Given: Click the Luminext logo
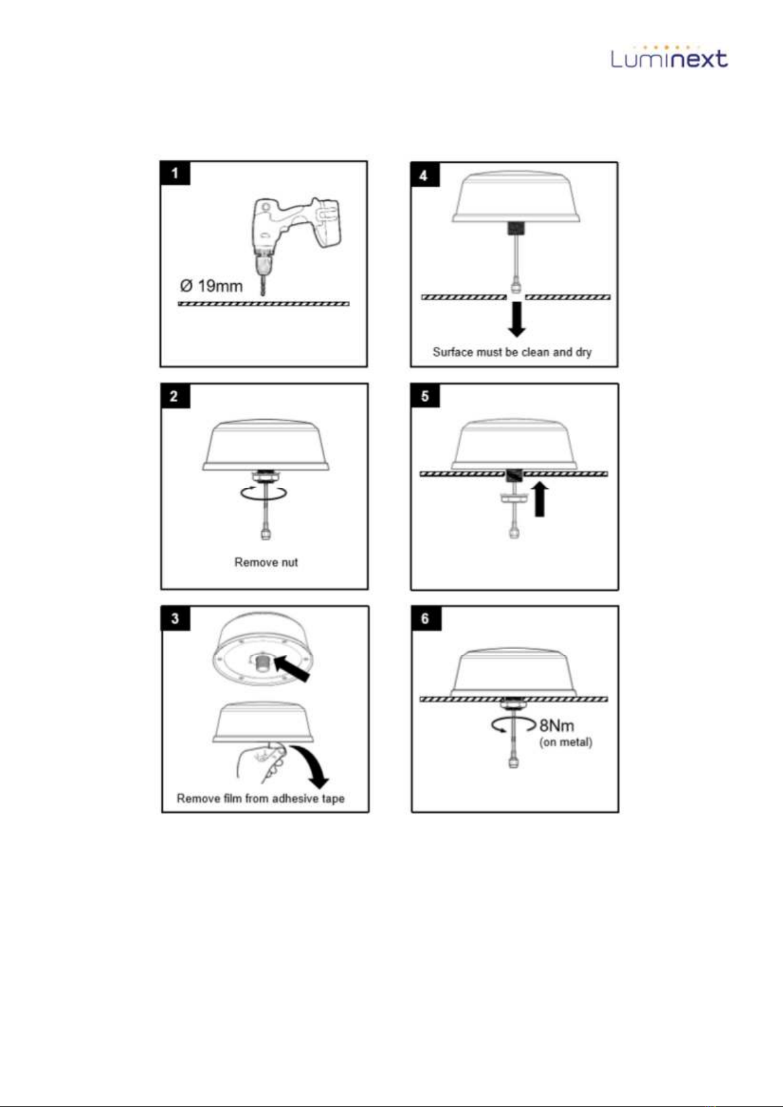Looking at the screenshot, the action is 669,57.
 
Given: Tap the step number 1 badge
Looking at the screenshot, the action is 175,173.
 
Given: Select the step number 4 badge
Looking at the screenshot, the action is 425,175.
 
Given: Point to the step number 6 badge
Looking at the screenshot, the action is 426,619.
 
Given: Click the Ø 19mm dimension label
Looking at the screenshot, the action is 212,286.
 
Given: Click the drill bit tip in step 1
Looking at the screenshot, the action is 263,295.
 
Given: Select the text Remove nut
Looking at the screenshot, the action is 266,562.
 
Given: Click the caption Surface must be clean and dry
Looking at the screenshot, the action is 512,352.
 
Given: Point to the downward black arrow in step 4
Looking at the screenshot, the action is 517,319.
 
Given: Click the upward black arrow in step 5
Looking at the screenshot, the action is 540,499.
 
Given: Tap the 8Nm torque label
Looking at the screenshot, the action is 557,725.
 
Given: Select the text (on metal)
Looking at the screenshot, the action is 566,742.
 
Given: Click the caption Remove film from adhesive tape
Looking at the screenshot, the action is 261,799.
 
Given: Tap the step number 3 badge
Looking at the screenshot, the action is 175,619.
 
